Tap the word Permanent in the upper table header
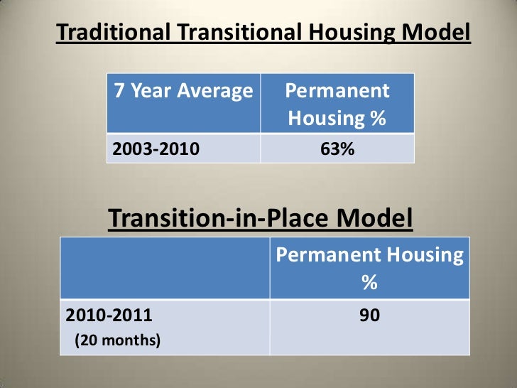(337, 91)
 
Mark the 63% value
(337, 149)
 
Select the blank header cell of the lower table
(165, 269)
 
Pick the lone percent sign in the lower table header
(369, 284)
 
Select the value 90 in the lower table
(369, 315)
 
